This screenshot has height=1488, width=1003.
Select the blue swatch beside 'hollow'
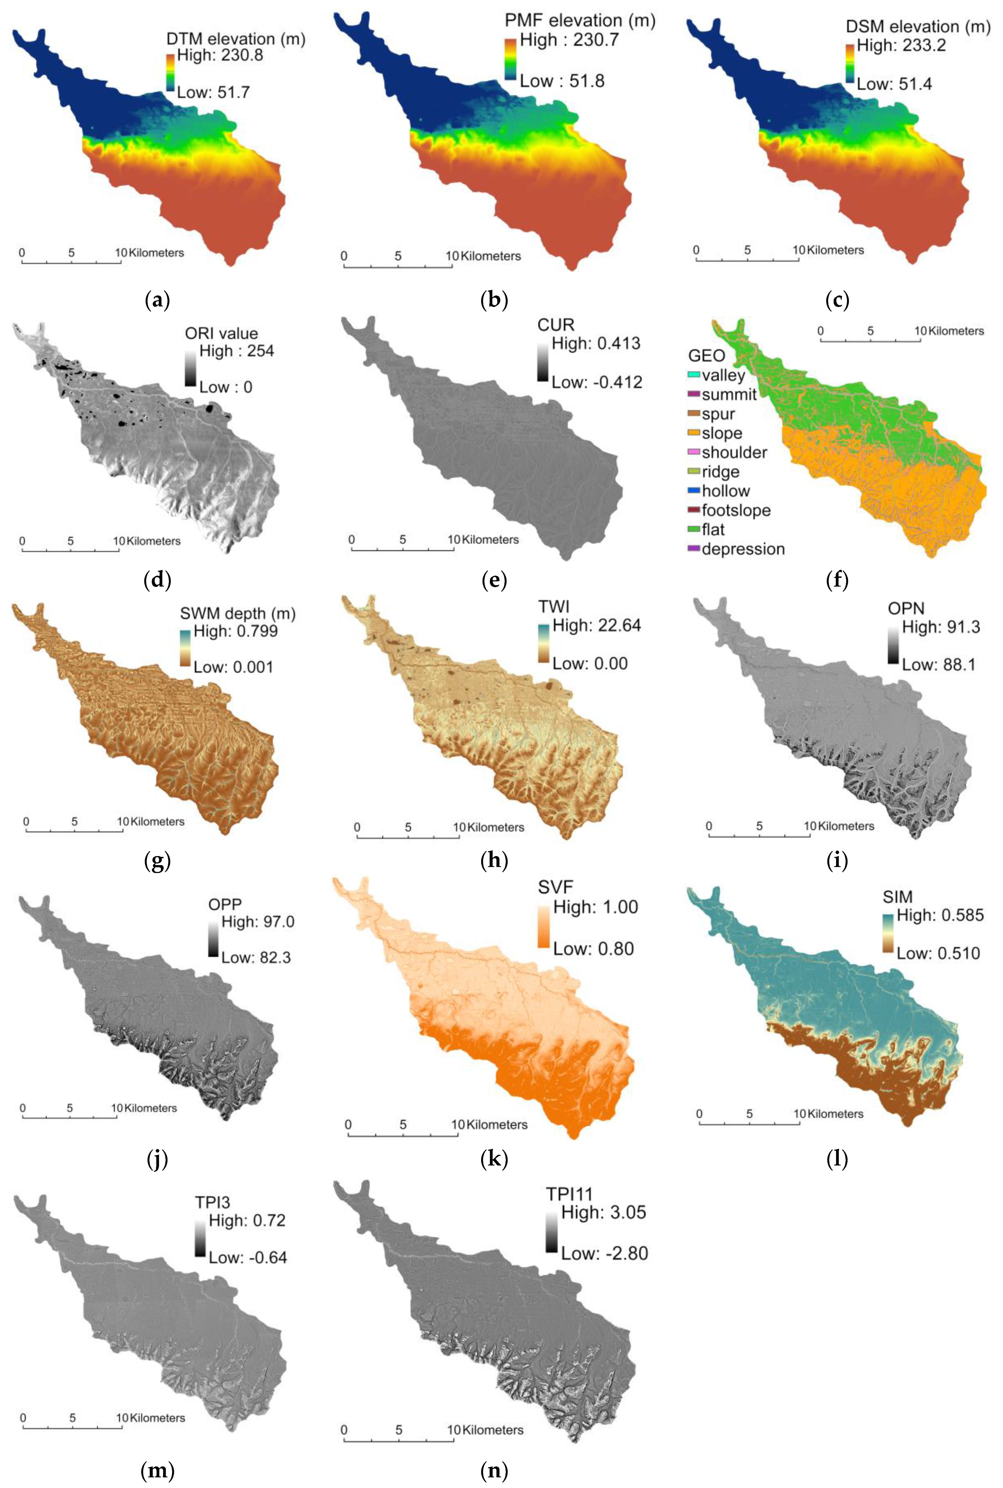click(693, 491)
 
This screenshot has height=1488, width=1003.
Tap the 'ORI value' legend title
click(221, 333)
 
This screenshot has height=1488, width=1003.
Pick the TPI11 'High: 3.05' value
click(603, 1212)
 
